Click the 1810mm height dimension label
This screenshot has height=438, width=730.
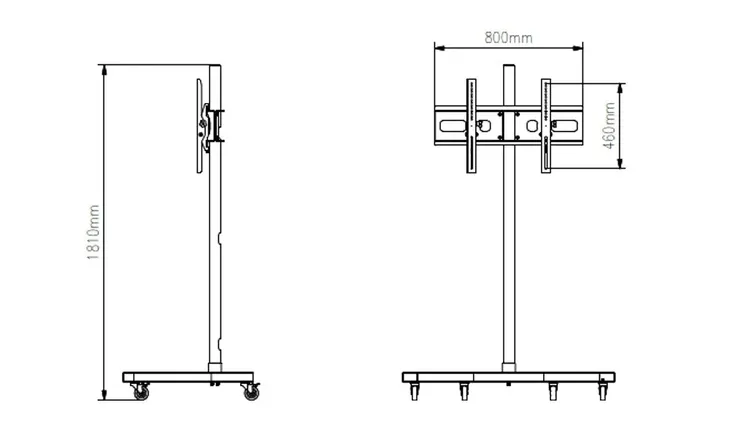click(94, 232)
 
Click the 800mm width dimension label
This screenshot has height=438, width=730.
click(508, 38)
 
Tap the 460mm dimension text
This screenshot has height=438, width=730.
click(609, 126)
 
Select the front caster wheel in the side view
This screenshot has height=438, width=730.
click(141, 391)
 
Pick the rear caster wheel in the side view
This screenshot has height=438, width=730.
click(250, 391)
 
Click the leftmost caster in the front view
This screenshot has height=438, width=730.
click(414, 391)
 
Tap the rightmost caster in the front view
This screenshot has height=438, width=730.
click(603, 390)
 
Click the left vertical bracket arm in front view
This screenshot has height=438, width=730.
click(471, 126)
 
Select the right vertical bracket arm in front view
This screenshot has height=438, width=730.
click(546, 126)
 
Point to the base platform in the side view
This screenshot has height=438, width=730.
click(188, 377)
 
